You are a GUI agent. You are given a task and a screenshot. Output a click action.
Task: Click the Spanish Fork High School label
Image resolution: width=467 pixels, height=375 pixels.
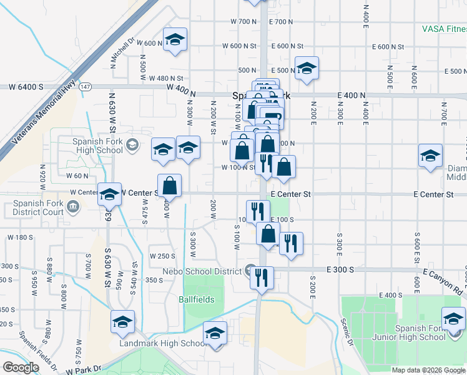tap(99, 146)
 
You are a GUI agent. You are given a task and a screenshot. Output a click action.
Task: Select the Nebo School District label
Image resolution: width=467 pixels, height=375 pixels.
tap(202, 271)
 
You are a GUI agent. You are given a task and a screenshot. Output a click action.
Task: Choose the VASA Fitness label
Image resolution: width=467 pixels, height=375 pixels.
tap(443, 29)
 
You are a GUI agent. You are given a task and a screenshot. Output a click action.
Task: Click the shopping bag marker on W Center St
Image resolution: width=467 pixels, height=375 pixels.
tap(169, 186)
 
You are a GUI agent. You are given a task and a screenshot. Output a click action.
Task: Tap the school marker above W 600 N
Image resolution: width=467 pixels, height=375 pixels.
tap(175, 39)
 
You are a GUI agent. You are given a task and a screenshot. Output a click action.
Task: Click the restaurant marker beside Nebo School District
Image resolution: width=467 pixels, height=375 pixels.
tap(262, 276)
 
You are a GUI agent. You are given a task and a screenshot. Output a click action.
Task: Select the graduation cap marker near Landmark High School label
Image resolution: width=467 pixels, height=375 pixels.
tap(215, 333)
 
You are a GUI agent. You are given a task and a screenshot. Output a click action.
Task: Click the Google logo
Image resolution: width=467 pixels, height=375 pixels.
tap(21, 367)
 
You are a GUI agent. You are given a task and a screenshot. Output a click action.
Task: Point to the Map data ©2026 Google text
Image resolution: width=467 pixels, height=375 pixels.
tap(428, 370)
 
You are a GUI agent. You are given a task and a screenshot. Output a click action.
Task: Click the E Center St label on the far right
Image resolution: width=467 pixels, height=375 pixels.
tap(433, 195)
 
